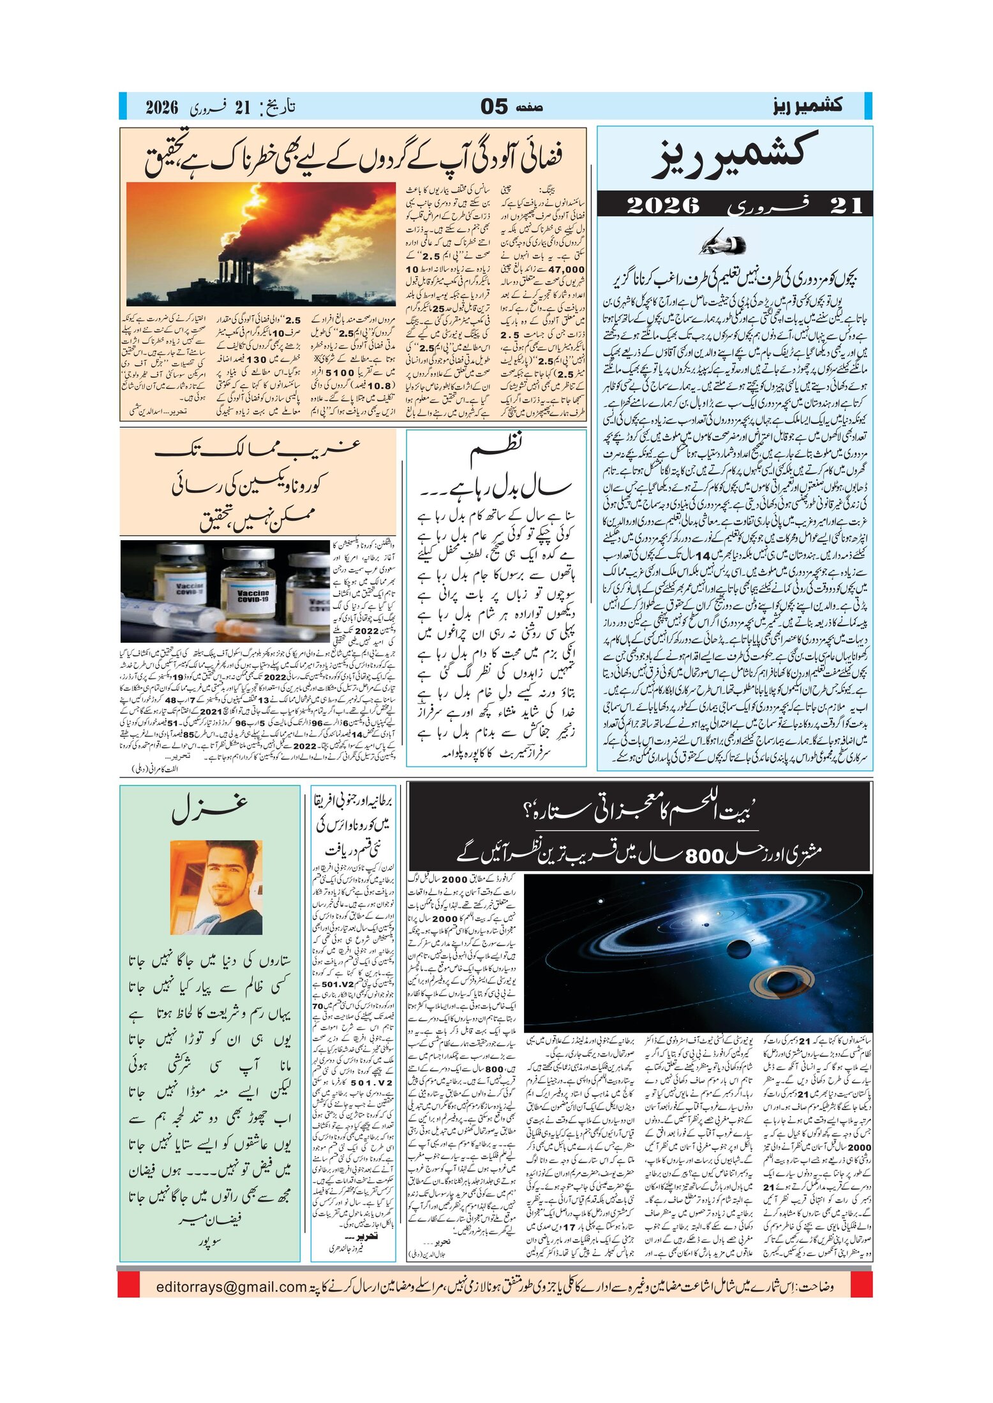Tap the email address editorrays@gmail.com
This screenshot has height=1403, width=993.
(231, 1286)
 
